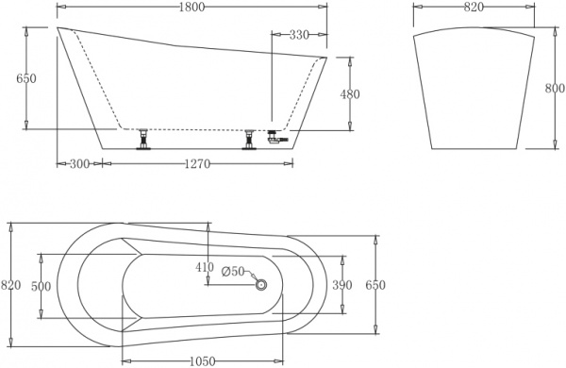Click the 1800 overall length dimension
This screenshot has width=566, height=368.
[x=191, y=7]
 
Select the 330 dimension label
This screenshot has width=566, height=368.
[x=299, y=35]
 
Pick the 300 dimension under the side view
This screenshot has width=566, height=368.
[x=79, y=164]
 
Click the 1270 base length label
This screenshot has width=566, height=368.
[x=196, y=164]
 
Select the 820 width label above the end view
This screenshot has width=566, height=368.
[x=474, y=7]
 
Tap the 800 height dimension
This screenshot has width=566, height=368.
[x=555, y=89]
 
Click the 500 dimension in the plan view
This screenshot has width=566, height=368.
[x=42, y=286]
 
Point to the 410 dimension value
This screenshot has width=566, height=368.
[x=206, y=267]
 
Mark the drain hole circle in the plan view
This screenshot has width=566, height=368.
[x=261, y=284]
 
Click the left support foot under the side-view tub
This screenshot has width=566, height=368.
[x=144, y=140]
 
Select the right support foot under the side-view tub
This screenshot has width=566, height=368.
[x=250, y=140]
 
